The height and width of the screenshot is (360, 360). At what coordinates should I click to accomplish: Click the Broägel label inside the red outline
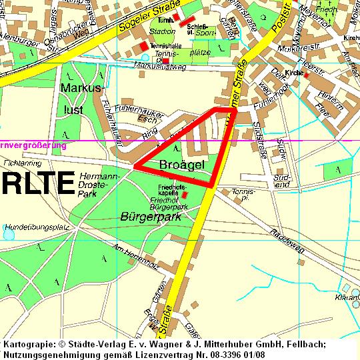pyautogui.click(x=181, y=165)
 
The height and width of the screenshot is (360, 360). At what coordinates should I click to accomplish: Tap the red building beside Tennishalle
pyautogui.click(x=143, y=45)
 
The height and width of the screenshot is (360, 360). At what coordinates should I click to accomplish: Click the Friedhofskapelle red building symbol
pyautogui.click(x=185, y=195)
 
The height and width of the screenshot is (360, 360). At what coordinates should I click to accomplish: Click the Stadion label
pyautogui.click(x=163, y=31)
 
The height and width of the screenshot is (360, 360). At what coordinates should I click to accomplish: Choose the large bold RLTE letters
pyautogui.click(x=36, y=183)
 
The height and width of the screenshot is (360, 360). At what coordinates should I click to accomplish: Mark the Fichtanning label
pyautogui.click(x=23, y=163)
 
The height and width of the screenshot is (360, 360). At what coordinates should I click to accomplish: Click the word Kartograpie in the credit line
pyautogui.click(x=29, y=344)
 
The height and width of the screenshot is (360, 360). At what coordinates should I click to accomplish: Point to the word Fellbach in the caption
pyautogui.click(x=303, y=344)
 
